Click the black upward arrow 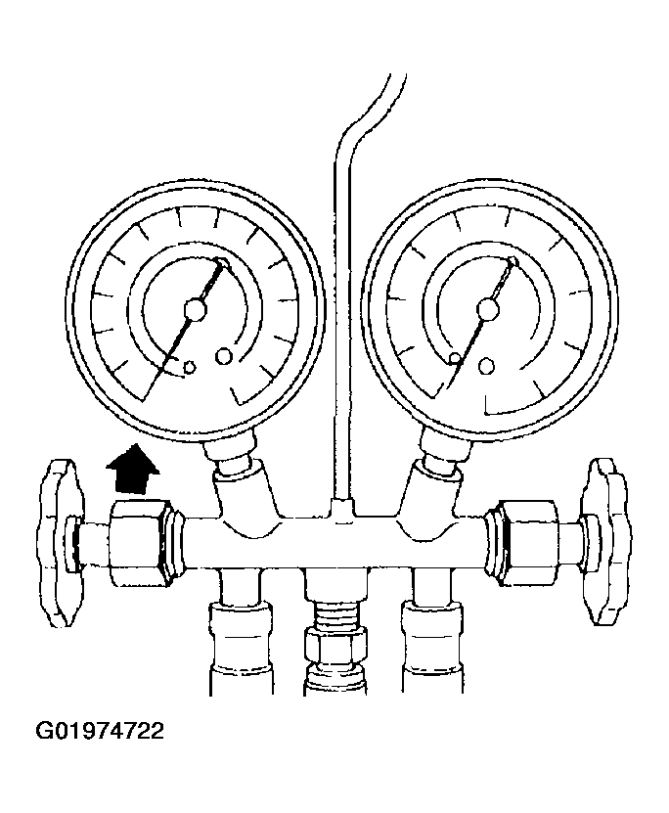[133, 470]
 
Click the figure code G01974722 [100, 732]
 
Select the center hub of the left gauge [196, 309]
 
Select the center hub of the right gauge [487, 309]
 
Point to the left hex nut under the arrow [140, 543]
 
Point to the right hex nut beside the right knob [526, 542]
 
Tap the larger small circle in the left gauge [224, 356]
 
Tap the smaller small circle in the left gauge [190, 367]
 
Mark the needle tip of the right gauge [513, 260]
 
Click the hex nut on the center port [335, 645]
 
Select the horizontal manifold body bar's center [334, 542]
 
